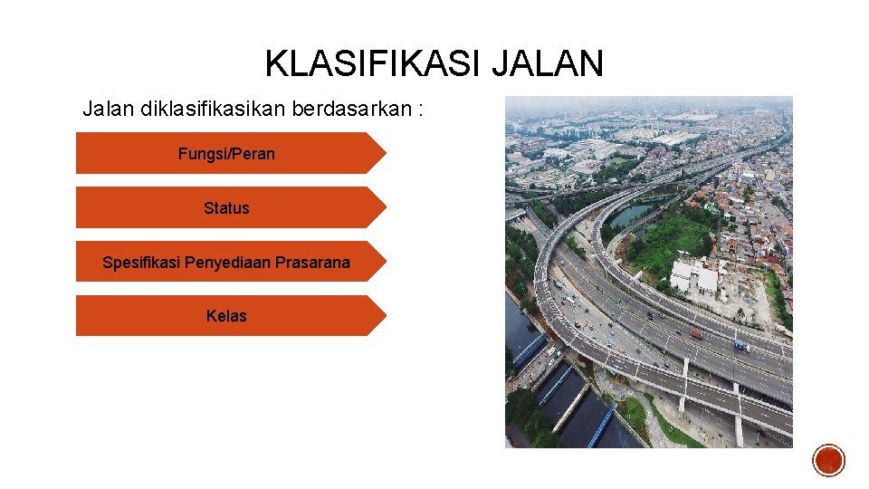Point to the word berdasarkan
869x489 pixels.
pos(351,110)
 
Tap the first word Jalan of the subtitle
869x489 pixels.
pos(106,110)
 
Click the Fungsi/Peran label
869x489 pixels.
pos(226,154)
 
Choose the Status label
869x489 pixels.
pos(226,208)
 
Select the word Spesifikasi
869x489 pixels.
pos(141,263)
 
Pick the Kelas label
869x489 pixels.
pos(226,316)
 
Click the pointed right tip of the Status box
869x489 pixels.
pos(384,207)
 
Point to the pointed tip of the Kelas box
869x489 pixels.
pos(384,316)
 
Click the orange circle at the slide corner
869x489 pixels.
pos(828,460)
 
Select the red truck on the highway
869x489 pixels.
pos(696,333)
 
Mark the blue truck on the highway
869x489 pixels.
pos(740,345)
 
